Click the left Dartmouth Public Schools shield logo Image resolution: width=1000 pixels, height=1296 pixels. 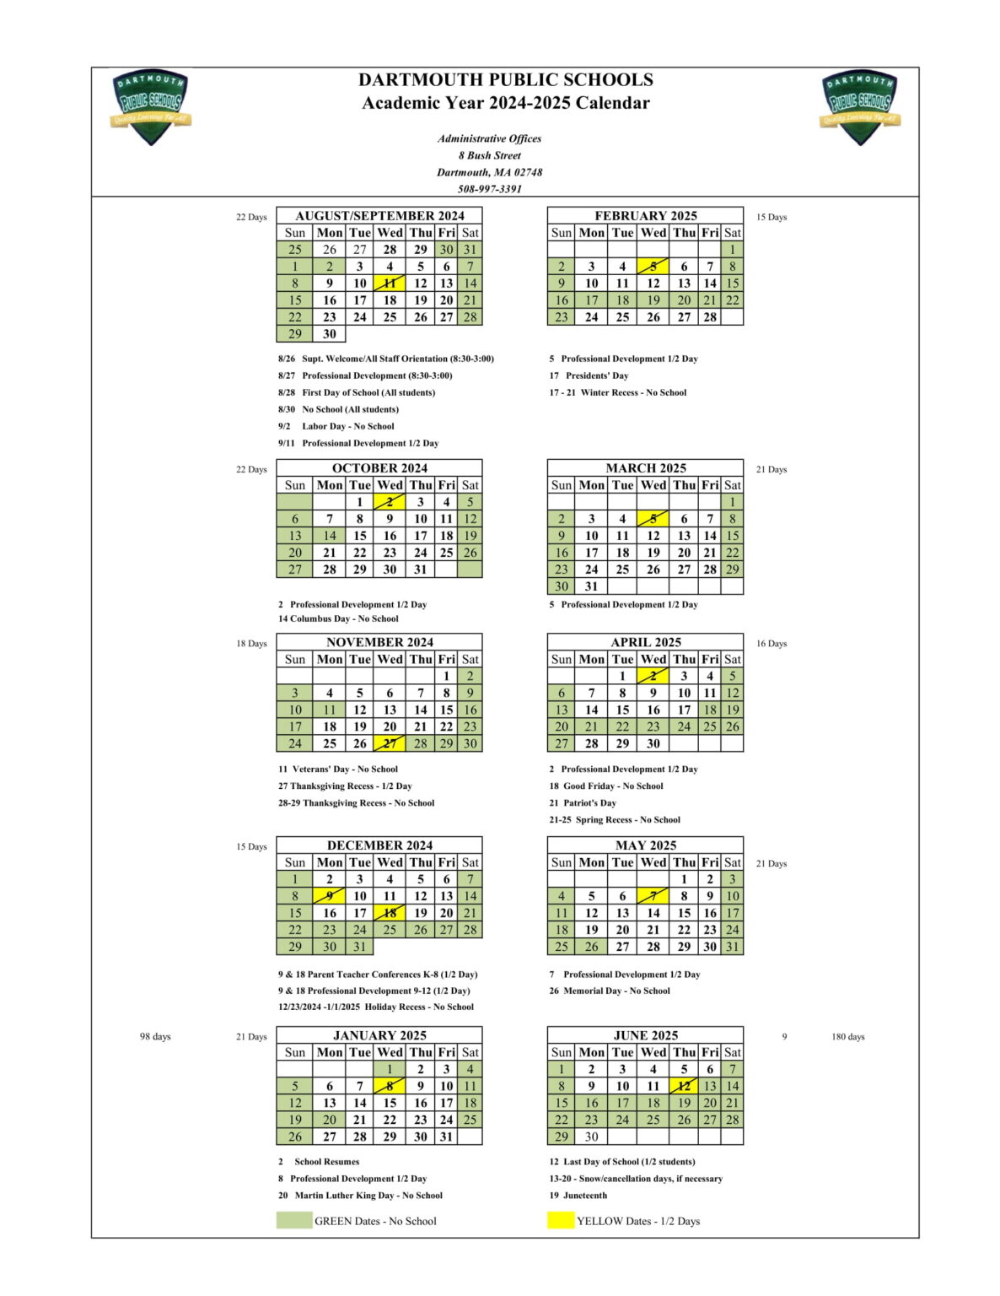click(151, 106)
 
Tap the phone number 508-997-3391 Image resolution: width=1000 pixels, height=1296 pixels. click(490, 189)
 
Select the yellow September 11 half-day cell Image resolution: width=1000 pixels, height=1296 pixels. click(390, 283)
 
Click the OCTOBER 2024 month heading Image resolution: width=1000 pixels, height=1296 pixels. click(379, 467)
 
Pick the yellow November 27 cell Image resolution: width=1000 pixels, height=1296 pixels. click(390, 743)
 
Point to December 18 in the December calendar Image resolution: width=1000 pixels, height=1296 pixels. click(390, 913)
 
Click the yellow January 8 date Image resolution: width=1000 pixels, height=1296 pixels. click(390, 1086)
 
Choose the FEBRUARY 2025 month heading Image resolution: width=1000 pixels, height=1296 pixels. click(646, 215)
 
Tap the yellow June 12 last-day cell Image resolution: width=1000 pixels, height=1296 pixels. click(684, 1086)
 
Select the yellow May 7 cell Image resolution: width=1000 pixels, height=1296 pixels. click(653, 896)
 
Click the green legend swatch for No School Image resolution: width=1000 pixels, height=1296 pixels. click(293, 1220)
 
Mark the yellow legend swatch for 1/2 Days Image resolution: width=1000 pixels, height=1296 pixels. click(561, 1220)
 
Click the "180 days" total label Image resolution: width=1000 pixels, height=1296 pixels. click(847, 1037)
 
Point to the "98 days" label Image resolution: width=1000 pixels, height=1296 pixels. click(155, 1037)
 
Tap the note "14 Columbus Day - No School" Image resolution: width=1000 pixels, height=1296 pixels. click(338, 618)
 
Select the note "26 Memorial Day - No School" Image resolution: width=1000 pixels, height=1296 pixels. click(610, 991)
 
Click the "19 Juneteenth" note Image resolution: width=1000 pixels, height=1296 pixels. click(578, 1195)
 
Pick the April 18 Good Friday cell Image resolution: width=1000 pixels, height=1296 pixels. click(710, 710)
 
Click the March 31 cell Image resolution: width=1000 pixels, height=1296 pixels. click(591, 586)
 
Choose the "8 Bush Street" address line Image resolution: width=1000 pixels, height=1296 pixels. click(490, 155)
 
